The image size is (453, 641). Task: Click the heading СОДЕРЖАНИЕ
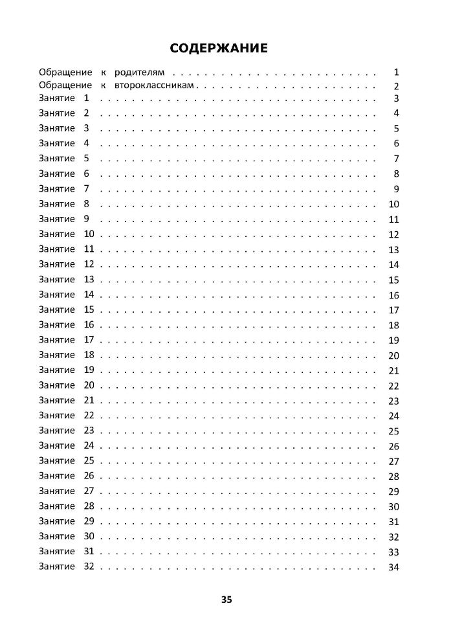point(218,49)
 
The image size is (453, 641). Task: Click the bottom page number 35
point(226,600)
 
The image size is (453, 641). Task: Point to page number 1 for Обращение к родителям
point(396,72)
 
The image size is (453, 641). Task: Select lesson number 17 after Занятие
point(89,339)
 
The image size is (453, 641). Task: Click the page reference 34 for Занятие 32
point(393,568)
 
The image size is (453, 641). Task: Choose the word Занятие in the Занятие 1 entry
point(57,98)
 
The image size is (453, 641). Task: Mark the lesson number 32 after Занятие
point(89,567)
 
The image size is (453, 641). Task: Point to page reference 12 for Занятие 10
point(393,235)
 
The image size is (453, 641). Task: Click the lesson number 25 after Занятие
point(89,460)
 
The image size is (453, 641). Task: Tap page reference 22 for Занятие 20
point(393,387)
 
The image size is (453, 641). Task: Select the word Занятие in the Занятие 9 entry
point(57,219)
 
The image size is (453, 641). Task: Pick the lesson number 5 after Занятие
point(87,159)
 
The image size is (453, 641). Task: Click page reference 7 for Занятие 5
point(396,159)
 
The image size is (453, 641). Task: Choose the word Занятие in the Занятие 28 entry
point(57,506)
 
